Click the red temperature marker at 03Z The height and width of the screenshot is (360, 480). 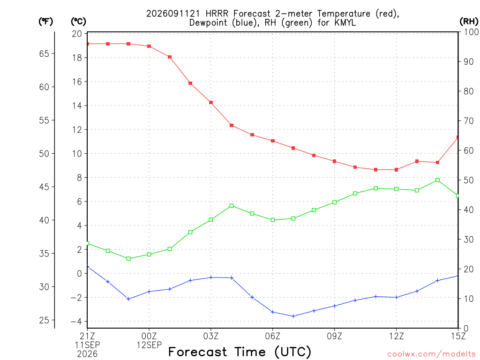click(211, 103)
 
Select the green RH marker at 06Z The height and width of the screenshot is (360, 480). click(273, 220)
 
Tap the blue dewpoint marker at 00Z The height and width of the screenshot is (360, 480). click(149, 292)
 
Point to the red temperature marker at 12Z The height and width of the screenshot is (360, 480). click(397, 170)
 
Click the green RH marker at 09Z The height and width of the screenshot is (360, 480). click(335, 202)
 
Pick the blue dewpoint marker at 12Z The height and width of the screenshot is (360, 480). click(397, 297)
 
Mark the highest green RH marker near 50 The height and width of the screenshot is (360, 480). click(438, 180)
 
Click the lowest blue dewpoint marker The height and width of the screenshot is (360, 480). click(293, 316)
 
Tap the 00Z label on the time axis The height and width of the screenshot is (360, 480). click(149, 336)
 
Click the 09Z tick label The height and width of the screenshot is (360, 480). click(335, 336)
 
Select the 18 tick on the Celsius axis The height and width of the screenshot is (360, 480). click(77, 58)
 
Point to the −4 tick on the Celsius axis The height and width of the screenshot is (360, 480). click(76, 322)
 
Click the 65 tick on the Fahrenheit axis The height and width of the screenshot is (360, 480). click(44, 53)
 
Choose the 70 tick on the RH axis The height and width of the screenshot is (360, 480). click(468, 121)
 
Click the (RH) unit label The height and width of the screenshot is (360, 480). click(469, 22)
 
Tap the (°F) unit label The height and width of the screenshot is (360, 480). click(45, 22)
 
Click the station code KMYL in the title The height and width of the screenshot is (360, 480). click(345, 22)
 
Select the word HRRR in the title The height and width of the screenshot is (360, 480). click(217, 14)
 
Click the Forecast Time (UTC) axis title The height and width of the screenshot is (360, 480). click(240, 352)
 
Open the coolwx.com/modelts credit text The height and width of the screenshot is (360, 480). click(431, 354)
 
